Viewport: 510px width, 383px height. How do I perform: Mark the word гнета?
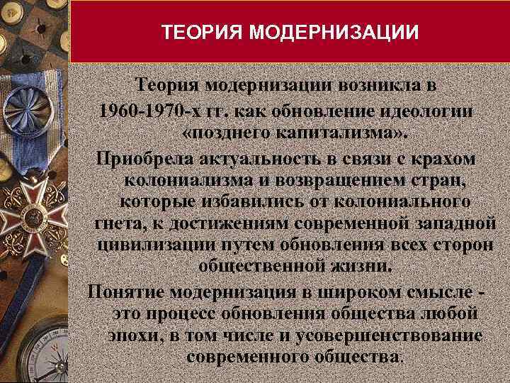(x=118, y=223)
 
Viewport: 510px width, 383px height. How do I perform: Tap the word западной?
(x=460, y=223)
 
